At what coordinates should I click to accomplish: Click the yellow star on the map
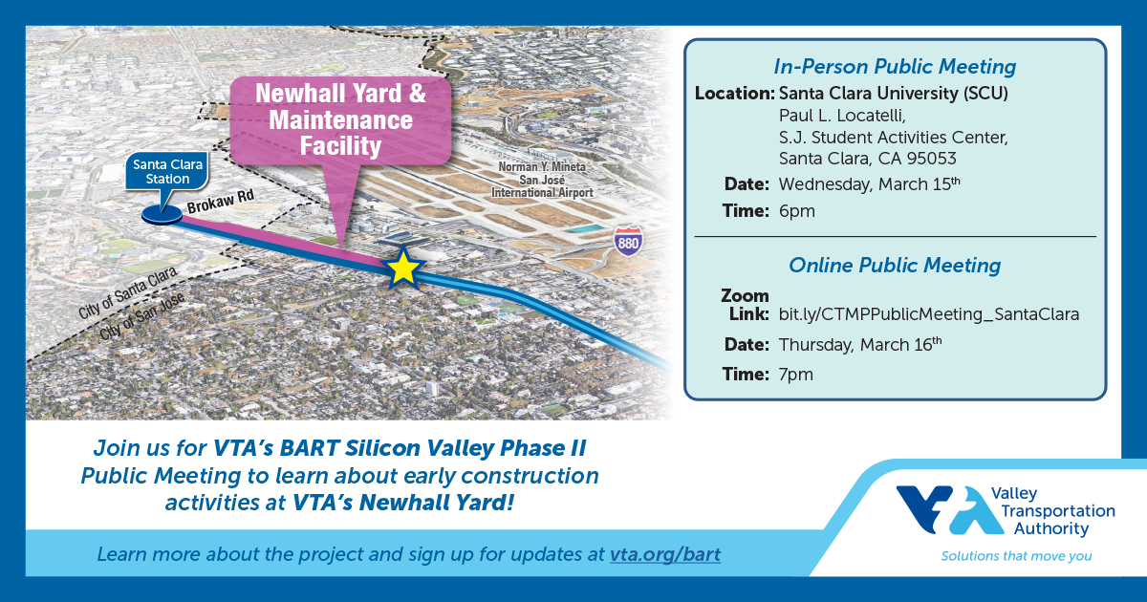tap(403, 269)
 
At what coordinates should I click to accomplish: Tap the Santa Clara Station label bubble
tap(162, 173)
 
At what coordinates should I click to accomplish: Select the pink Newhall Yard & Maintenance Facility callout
tap(341, 119)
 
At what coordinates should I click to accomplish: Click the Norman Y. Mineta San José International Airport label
tap(541, 180)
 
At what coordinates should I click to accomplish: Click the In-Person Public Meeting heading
tap(894, 67)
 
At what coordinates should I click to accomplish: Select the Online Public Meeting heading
tap(894, 265)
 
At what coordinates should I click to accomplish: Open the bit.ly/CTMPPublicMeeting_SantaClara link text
tap(929, 313)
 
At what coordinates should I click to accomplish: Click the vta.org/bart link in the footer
tap(664, 554)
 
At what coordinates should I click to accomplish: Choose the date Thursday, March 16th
tap(860, 343)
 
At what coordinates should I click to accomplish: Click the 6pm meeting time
tap(797, 211)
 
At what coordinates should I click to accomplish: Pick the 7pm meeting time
tap(797, 374)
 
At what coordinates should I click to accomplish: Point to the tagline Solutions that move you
tap(1016, 555)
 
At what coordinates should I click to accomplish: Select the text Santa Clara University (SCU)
tap(894, 94)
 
